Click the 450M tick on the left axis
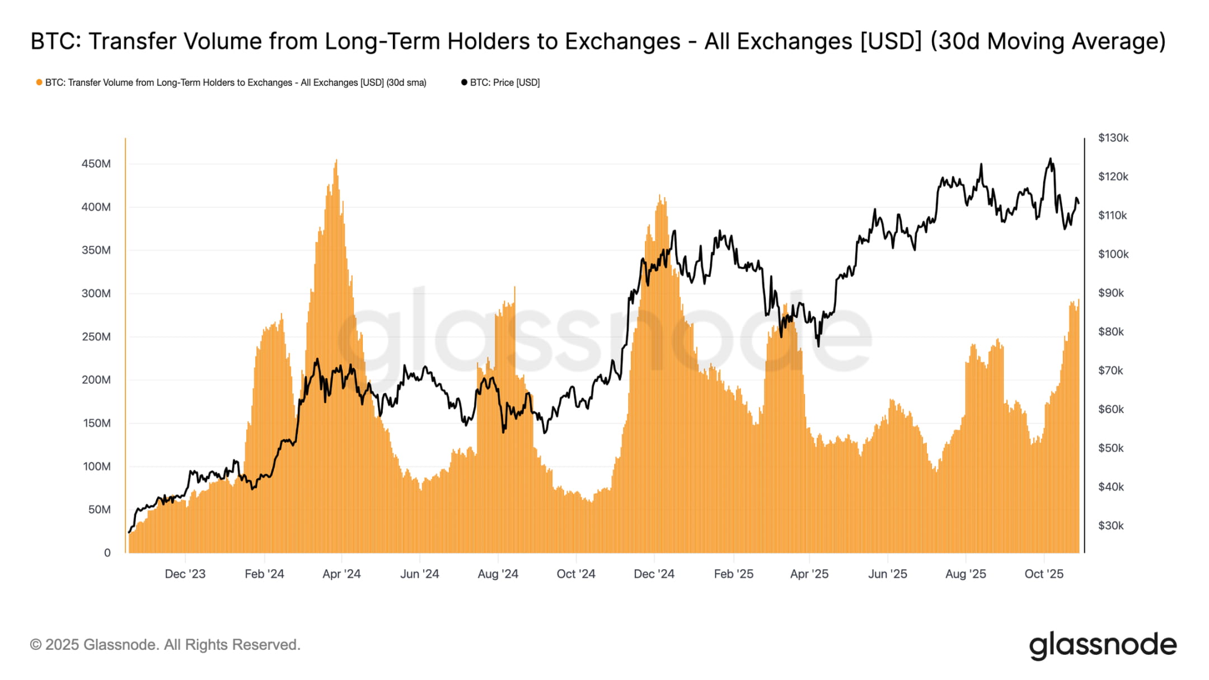pyautogui.click(x=96, y=164)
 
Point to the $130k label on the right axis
pyautogui.click(x=1113, y=138)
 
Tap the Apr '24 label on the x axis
pyautogui.click(x=341, y=574)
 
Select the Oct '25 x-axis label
pyautogui.click(x=1043, y=574)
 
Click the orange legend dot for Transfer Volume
pyautogui.click(x=39, y=82)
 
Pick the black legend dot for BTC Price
pyautogui.click(x=464, y=82)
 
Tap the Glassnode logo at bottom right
pyautogui.click(x=1103, y=645)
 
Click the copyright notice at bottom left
pyautogui.click(x=165, y=645)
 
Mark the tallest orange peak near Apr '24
pyautogui.click(x=336, y=161)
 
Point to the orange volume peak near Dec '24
pyautogui.click(x=660, y=196)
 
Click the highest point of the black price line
pyautogui.click(x=1050, y=159)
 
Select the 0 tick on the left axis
pyautogui.click(x=107, y=553)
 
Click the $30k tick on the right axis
pyautogui.click(x=1110, y=526)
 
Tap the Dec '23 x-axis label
pyautogui.click(x=185, y=574)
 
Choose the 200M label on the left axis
pyautogui.click(x=96, y=380)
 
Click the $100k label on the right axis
pyautogui.click(x=1113, y=254)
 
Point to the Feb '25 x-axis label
pyautogui.click(x=733, y=574)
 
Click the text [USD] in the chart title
pyautogui.click(x=890, y=41)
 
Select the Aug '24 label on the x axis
pyautogui.click(x=498, y=574)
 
